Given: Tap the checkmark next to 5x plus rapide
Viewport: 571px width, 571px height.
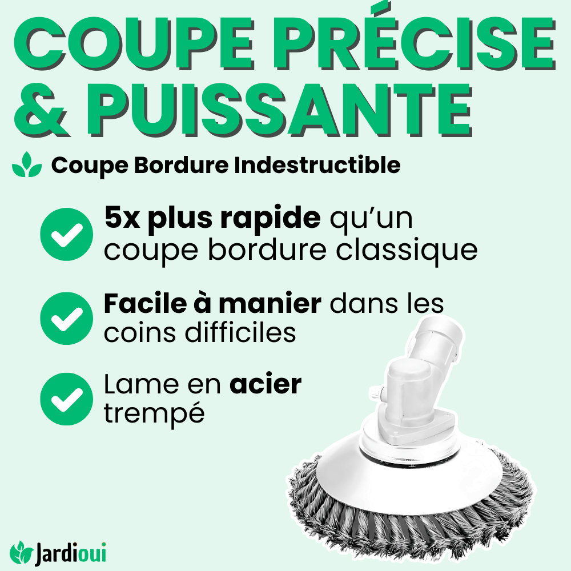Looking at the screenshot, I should click(67, 234).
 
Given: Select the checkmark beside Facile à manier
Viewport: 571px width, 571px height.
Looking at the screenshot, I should click(67, 318).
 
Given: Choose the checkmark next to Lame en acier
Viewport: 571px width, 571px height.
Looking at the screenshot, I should click(67, 399).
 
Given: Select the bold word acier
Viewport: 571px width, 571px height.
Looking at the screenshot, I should click(265, 385).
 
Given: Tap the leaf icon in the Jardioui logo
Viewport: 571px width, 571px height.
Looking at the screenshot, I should click(22, 552).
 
